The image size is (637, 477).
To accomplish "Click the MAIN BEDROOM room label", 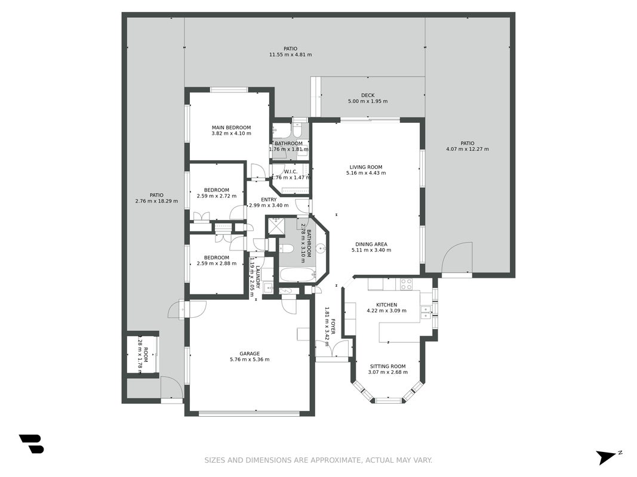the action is click(x=231, y=128).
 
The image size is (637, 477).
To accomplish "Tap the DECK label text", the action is click(x=368, y=95).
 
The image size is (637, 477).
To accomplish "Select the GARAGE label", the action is click(x=250, y=354).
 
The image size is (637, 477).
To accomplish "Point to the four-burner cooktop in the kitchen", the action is click(x=406, y=284).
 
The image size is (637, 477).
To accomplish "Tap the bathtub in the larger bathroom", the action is click(x=298, y=275).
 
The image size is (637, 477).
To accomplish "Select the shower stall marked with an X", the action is click(x=276, y=226).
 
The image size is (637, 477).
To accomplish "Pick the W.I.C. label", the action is click(x=291, y=172).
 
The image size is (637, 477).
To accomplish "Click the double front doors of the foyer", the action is click(x=332, y=348).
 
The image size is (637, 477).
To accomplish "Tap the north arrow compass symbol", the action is click(x=608, y=457).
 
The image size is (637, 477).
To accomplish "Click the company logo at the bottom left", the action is click(x=31, y=444).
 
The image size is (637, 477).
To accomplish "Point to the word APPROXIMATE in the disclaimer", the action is click(x=336, y=460).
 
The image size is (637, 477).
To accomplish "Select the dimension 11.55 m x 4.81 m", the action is click(x=291, y=55).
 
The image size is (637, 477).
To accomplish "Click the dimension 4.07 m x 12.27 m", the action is click(x=467, y=149).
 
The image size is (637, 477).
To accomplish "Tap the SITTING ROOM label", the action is click(x=387, y=366).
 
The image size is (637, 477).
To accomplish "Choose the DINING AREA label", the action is click(x=371, y=244).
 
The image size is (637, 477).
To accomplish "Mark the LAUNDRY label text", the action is click(x=257, y=277).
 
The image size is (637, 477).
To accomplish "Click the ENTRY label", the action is click(x=269, y=200).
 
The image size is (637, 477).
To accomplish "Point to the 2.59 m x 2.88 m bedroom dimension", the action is click(x=217, y=264).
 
